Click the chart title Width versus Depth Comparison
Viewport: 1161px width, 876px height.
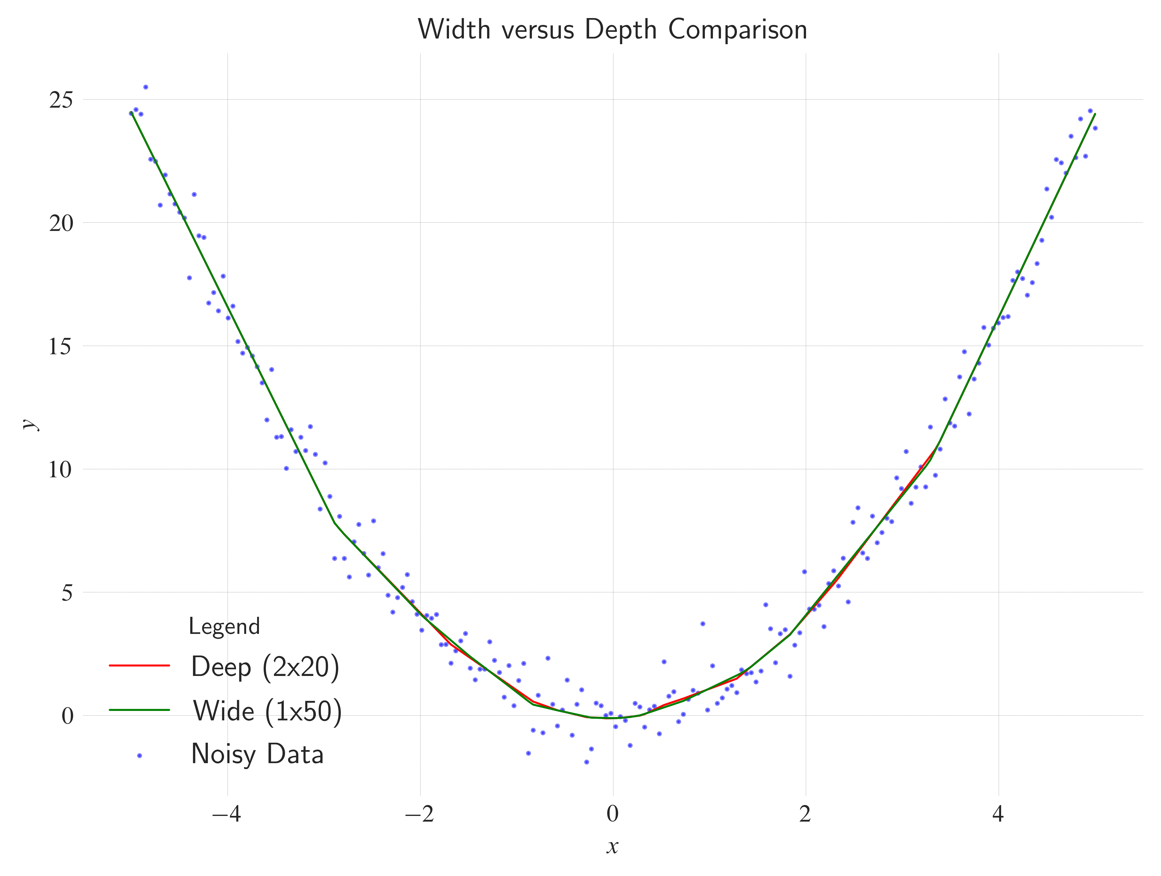point(612,29)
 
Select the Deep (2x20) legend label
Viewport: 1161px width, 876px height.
point(265,667)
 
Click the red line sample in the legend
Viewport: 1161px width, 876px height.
point(140,665)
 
